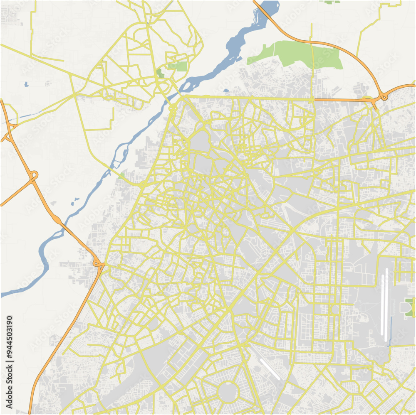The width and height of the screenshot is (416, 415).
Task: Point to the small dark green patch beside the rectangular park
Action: pyautogui.click(x=160, y=74)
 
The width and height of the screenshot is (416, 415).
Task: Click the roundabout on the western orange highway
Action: pyautogui.click(x=33, y=176)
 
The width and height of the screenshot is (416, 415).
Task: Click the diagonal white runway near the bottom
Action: pyautogui.click(x=270, y=369)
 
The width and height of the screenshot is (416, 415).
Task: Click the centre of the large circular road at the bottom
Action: pyautogui.click(x=228, y=391)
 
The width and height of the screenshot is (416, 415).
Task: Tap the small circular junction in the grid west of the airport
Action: pyautogui.click(x=335, y=309)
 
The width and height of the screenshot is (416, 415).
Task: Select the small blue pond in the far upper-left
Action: pyautogui.click(x=26, y=84)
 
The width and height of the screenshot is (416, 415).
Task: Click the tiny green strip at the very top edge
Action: pyautogui.click(x=332, y=2)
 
